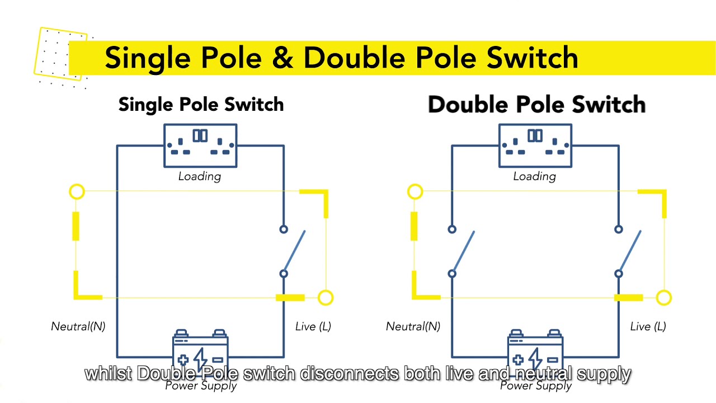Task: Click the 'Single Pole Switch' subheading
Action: tap(201, 105)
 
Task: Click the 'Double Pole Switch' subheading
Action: tap(536, 105)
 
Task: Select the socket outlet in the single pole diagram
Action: tap(200, 146)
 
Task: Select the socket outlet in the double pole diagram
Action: tap(535, 146)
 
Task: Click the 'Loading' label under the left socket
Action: tap(200, 176)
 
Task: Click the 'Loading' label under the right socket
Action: tap(535, 176)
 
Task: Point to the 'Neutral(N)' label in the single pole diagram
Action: tap(78, 326)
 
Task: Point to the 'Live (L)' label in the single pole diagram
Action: tap(313, 326)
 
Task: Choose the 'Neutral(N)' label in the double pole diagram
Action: tap(413, 326)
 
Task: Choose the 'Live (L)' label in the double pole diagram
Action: tap(648, 326)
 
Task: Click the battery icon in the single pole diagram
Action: tap(200, 351)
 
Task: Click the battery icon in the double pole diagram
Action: tap(535, 351)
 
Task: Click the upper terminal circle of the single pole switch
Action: tap(284, 229)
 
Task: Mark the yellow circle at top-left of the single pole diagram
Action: tap(77, 192)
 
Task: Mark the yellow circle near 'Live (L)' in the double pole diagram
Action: tap(663, 298)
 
